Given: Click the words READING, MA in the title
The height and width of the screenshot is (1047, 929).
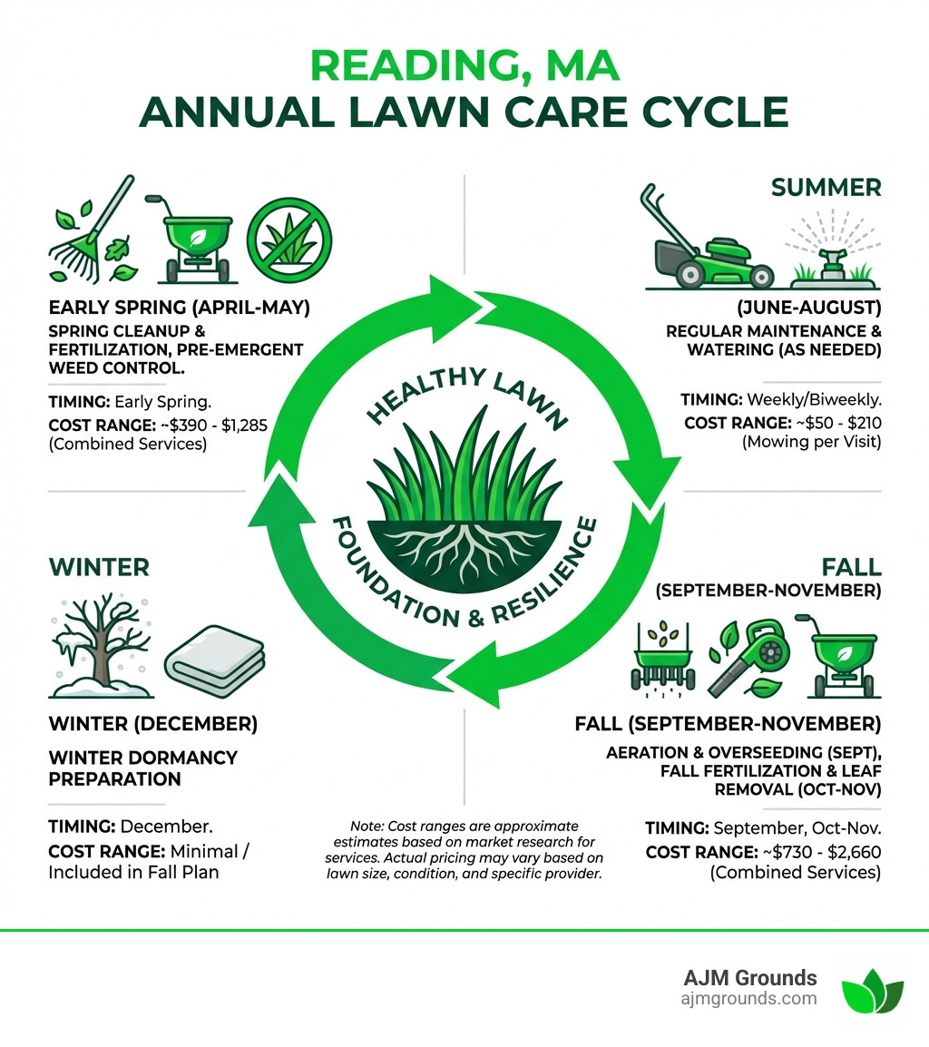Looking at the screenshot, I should (464, 67).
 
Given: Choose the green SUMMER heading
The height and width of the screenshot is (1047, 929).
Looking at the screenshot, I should (826, 188).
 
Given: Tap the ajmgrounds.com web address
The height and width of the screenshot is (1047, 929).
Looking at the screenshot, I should (748, 999).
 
